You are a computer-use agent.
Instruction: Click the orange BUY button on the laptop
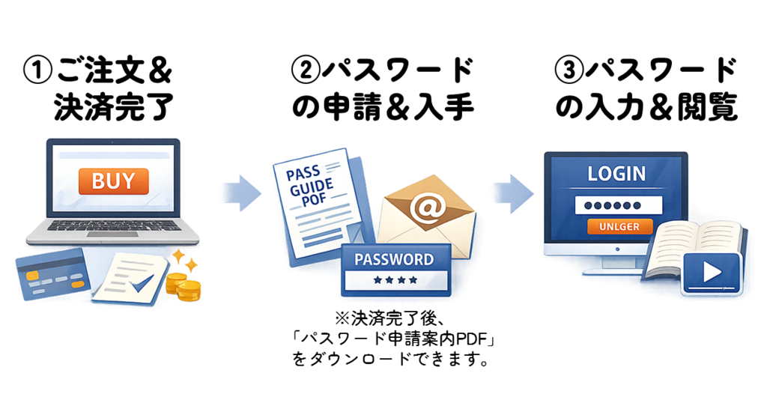coord(113,181)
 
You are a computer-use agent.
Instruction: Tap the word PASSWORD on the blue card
coord(394,260)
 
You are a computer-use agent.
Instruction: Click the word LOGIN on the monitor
coord(616,174)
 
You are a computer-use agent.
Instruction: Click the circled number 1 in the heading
coord(37,73)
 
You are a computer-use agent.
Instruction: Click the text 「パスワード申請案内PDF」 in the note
coord(395,342)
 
